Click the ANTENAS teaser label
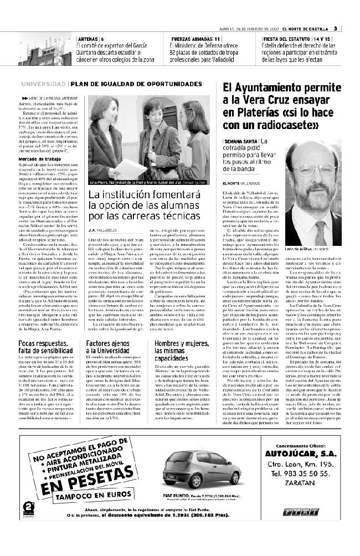coord(87,39)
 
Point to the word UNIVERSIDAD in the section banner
coord(44,84)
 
